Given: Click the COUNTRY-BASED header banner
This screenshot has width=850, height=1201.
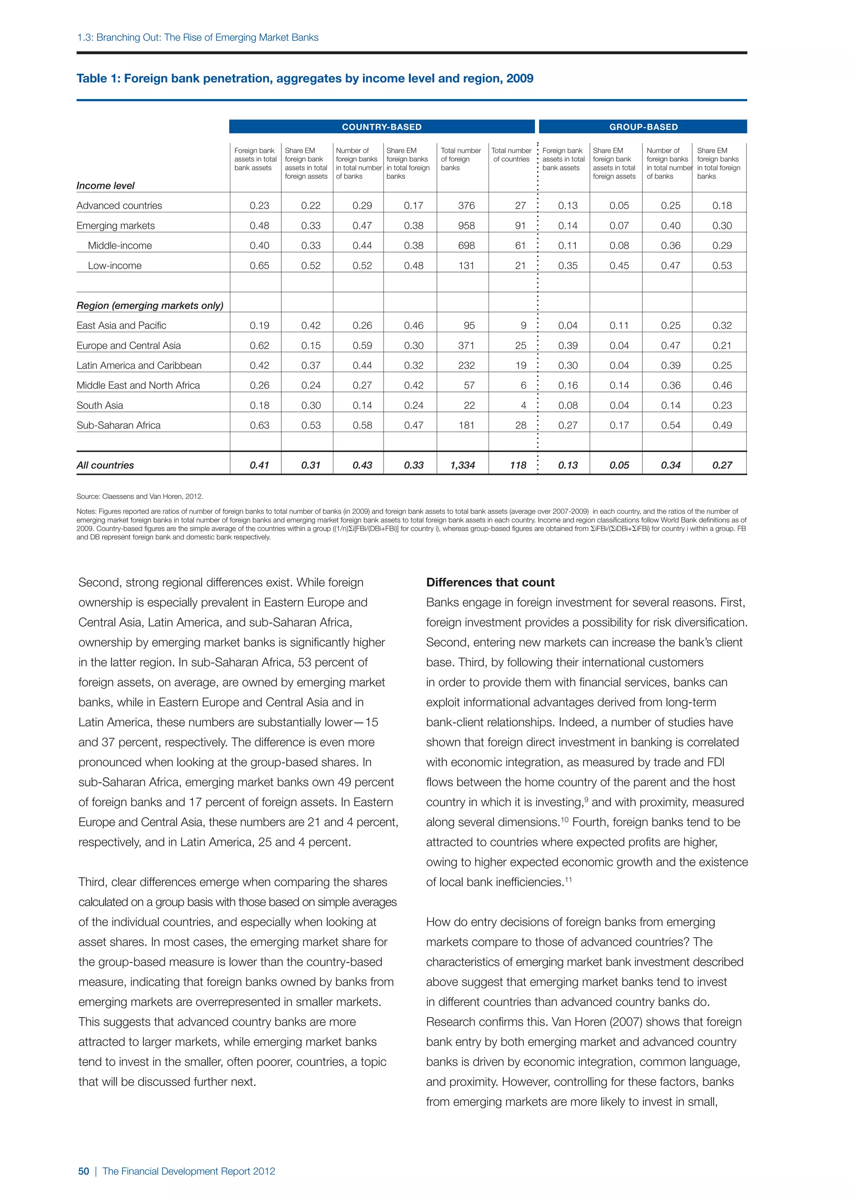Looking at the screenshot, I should coord(381,126).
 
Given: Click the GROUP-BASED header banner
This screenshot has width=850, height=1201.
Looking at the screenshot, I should coord(643,126).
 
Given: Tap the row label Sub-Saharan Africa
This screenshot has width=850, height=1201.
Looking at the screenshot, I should coord(118,425).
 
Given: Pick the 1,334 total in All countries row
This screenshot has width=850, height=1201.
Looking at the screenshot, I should coord(462,465).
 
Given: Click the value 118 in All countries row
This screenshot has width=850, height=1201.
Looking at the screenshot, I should coord(518,465).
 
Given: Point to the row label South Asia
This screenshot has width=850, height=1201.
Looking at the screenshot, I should coord(100,406).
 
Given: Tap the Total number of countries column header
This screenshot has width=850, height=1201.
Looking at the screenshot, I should coord(511,155).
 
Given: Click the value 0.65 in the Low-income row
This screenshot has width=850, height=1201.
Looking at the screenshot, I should coord(259,266).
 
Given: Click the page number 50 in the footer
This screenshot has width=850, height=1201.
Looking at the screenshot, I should coord(83,1171).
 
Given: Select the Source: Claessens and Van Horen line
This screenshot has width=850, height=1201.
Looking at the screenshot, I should coord(140,496).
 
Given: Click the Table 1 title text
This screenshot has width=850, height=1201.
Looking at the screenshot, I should coord(305,78).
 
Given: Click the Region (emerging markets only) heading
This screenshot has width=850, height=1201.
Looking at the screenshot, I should coord(150,306).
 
